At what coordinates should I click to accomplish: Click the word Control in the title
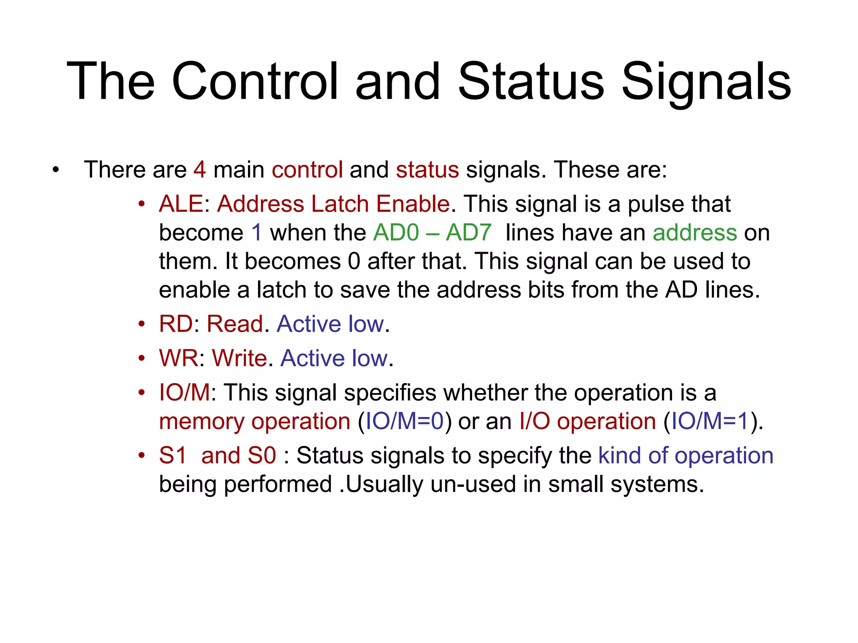(254, 81)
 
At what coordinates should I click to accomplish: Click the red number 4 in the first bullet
(199, 170)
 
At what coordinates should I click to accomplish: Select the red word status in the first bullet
(427, 170)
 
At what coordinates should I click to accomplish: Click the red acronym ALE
(181, 204)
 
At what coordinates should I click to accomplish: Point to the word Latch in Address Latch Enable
(340, 204)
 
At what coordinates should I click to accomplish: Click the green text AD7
(468, 233)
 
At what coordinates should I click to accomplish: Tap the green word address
(695, 233)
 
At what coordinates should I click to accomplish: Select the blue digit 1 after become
(257, 233)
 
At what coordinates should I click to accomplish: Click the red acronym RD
(176, 324)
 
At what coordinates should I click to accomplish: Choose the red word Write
(239, 358)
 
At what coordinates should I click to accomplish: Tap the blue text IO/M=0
(404, 422)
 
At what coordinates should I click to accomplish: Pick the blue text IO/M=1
(710, 422)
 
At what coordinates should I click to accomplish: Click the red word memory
(202, 422)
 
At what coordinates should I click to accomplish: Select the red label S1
(173, 455)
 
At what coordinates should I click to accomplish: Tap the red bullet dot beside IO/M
(142, 393)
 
